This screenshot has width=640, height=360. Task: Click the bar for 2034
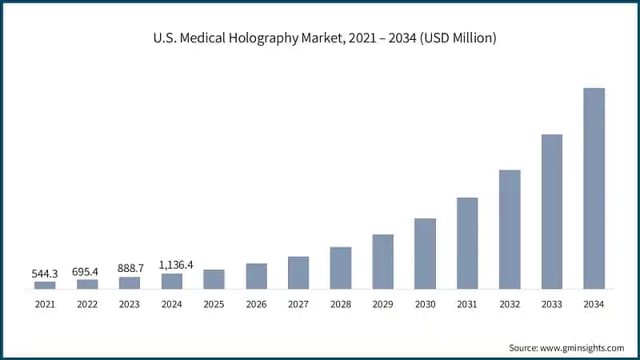point(594,188)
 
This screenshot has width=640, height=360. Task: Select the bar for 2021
point(45,285)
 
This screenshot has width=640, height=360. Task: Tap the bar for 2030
point(425,254)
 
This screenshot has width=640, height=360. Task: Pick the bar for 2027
point(298,273)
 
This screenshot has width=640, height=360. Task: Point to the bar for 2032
point(510,229)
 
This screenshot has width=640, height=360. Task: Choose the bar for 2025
point(214,279)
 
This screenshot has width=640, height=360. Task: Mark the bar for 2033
point(552,211)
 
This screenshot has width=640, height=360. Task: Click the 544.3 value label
point(45,274)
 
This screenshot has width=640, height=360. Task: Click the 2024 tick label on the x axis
point(172,304)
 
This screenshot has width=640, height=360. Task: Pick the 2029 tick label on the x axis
point(382,304)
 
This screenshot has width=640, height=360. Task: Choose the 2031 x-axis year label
point(467,304)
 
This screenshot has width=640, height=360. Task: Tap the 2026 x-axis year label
point(256,304)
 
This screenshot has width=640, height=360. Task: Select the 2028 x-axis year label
point(341,304)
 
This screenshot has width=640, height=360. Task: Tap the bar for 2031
point(467,243)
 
